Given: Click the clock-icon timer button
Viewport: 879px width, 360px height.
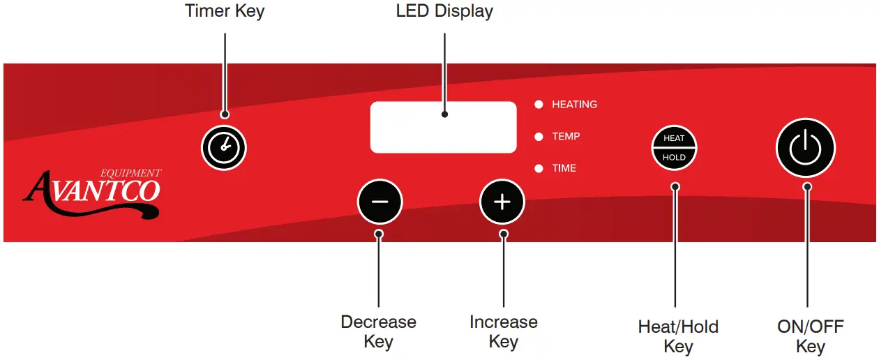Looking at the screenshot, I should (224, 148).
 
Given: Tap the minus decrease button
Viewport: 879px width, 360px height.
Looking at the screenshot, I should (380, 202).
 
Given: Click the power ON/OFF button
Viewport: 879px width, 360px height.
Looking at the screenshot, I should (805, 147).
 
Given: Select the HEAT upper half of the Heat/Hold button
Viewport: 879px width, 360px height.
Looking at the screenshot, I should (674, 138).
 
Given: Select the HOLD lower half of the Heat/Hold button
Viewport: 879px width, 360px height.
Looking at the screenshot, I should (674, 158).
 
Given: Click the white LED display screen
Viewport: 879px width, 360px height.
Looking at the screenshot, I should (443, 126).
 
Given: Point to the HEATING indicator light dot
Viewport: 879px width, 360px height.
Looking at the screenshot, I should (539, 105).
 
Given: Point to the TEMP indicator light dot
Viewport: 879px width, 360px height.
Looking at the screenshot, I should (539, 137).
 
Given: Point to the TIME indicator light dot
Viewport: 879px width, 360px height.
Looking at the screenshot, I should (539, 168).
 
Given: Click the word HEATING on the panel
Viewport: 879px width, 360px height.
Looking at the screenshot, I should (574, 105).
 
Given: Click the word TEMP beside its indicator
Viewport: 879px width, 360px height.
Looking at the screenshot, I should (566, 137).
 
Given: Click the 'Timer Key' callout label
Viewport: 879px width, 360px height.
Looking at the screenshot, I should (225, 11).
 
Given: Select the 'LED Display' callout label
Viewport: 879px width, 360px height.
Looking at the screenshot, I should (444, 11).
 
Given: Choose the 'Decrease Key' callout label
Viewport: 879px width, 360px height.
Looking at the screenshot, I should (378, 331).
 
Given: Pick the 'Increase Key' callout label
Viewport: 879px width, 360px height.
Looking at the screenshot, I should (503, 331).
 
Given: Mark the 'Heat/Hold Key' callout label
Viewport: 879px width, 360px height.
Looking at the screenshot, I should (678, 336).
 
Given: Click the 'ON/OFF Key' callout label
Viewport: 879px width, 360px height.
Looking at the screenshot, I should (810, 336).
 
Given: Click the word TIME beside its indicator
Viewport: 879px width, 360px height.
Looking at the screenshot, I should (564, 168).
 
